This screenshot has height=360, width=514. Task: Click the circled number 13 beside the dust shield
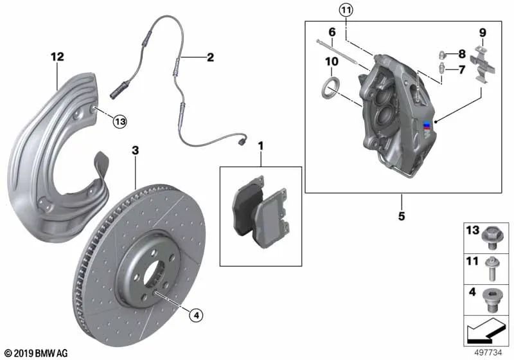point(120,122)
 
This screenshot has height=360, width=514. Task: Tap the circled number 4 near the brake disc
point(196,316)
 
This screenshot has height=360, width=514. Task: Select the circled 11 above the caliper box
point(346,10)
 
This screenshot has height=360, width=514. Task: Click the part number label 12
point(57,57)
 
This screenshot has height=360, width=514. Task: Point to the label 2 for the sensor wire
point(210,57)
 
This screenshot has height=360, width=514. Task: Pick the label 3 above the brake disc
point(135,150)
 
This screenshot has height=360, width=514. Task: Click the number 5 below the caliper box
point(402,216)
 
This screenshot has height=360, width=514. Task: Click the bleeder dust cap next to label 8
point(441,54)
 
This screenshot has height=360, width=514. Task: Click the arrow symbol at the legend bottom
point(485,331)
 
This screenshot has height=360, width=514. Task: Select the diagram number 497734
point(488,352)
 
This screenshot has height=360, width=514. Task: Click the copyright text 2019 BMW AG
point(37,354)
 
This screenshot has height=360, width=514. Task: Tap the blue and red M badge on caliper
point(427,125)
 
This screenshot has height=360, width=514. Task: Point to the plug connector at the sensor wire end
point(242,141)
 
